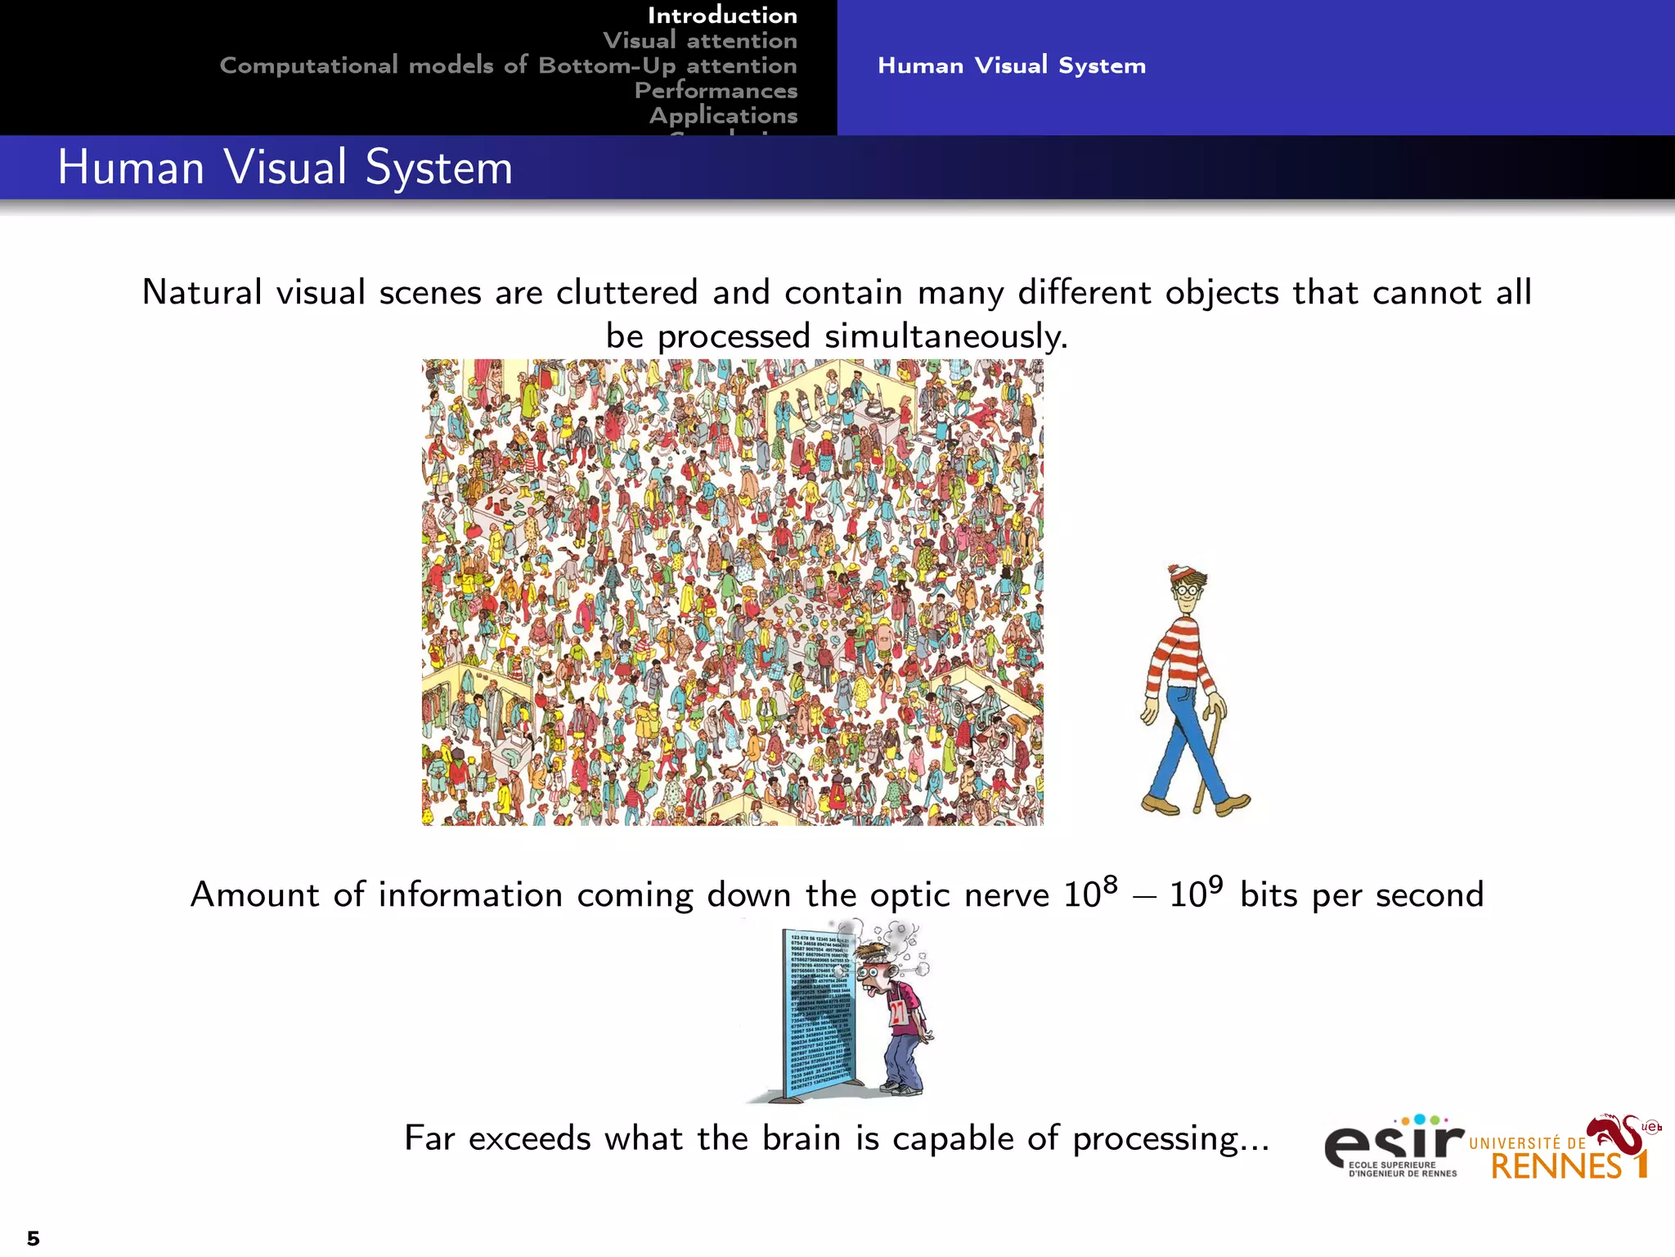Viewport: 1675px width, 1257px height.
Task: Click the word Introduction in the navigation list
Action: tap(722, 16)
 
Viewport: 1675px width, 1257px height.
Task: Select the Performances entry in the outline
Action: tap(716, 90)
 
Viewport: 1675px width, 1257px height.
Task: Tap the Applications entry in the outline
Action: tap(723, 115)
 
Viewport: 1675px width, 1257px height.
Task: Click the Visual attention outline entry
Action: tap(699, 40)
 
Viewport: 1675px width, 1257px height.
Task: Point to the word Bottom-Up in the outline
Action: tap(607, 65)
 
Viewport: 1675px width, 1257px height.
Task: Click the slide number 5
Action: tap(33, 1237)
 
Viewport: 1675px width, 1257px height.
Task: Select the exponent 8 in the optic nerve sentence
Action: tap(1109, 885)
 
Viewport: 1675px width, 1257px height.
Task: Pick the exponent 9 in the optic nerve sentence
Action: tap(1215, 885)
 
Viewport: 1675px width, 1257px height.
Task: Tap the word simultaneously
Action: tap(946, 336)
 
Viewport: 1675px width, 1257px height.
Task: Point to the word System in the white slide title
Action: tap(438, 168)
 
